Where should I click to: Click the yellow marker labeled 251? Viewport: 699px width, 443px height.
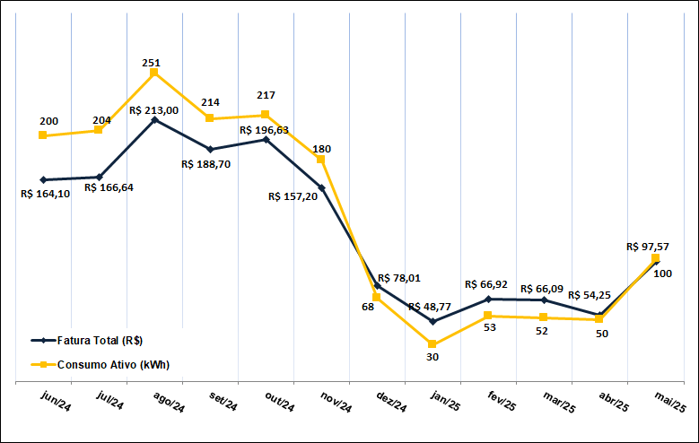pyautogui.click(x=154, y=73)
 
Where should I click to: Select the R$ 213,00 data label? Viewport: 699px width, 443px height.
pyautogui.click(x=153, y=110)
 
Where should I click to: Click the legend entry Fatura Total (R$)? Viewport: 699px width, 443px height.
pyautogui.click(x=100, y=341)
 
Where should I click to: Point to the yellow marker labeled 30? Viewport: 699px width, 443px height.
pyautogui.click(x=433, y=344)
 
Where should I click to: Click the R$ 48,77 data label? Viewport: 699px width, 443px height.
pyautogui.click(x=433, y=307)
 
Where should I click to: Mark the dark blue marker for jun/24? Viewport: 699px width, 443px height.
pyautogui.click(x=43, y=179)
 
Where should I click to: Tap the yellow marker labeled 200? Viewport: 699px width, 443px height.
pyautogui.click(x=43, y=135)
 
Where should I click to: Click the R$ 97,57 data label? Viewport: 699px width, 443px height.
pyautogui.click(x=648, y=247)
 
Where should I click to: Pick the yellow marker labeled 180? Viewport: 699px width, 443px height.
pyautogui.click(x=321, y=160)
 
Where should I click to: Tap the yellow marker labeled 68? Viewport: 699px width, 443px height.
pyautogui.click(x=377, y=297)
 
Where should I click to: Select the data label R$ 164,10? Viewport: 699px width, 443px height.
pyautogui.click(x=45, y=194)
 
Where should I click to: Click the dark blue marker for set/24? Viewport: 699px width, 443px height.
pyautogui.click(x=210, y=150)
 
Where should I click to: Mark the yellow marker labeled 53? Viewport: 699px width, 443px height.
pyautogui.click(x=488, y=316)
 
